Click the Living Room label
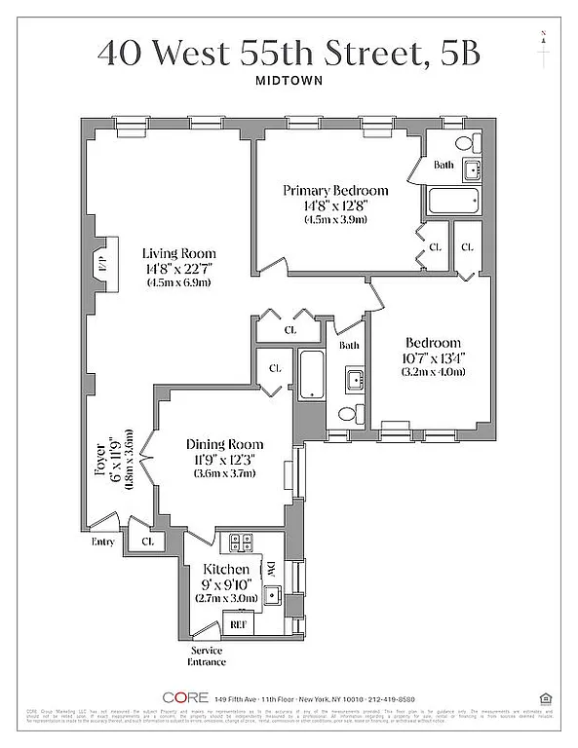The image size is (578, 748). point(179,252)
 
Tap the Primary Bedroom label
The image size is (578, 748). point(335,190)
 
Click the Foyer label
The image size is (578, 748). point(100,466)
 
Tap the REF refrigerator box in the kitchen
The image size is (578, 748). point(236,621)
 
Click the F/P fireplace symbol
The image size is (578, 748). point(102,264)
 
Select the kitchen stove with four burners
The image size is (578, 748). point(242,542)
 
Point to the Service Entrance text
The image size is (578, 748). point(207,656)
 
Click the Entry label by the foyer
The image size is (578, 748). point(102,542)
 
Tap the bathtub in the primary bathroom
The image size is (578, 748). point(453,203)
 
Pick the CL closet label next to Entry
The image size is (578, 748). point(147,542)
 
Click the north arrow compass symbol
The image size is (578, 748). point(542,39)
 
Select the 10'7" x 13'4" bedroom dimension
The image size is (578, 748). point(434,357)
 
